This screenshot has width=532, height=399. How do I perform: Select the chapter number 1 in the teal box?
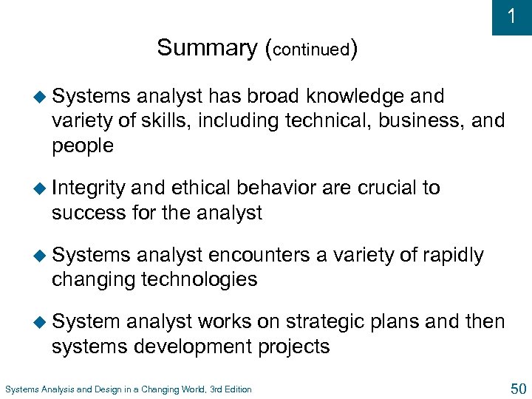(x=512, y=17)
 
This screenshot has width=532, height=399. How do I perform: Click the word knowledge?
(x=355, y=97)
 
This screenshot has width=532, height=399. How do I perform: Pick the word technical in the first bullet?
(x=287, y=121)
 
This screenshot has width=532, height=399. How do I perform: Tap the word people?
(x=83, y=146)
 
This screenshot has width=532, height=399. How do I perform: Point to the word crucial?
(x=387, y=188)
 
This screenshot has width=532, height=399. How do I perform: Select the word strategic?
(x=326, y=322)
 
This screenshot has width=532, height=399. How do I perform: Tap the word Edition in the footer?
(x=235, y=389)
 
